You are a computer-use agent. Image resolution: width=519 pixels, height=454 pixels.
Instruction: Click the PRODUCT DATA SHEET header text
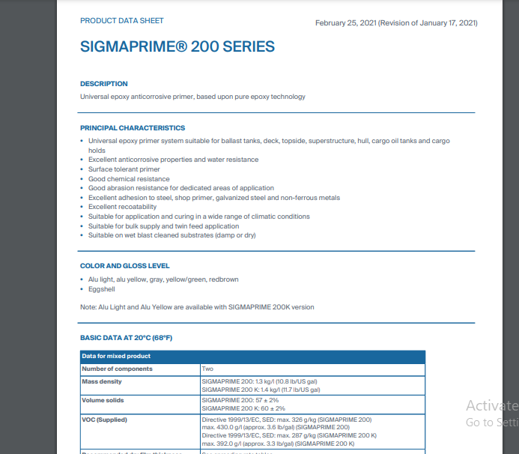tap(122, 21)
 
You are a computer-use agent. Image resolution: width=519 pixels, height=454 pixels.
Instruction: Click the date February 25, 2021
tap(345, 23)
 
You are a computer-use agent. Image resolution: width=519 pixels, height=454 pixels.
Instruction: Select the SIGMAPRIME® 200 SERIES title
tap(177, 47)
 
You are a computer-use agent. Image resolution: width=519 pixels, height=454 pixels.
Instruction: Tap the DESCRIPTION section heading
tap(104, 84)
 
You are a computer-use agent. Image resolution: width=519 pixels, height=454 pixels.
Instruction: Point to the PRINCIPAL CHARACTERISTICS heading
tap(133, 128)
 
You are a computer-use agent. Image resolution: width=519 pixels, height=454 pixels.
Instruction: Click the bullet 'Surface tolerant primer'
tap(124, 169)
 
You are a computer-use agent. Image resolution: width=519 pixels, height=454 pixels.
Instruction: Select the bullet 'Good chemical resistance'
tap(129, 179)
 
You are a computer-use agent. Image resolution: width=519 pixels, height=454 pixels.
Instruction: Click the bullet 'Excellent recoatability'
tap(122, 207)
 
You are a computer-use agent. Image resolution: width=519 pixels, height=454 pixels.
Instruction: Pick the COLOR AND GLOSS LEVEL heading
tap(125, 266)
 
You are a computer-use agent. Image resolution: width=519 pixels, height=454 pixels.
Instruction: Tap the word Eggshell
tap(103, 288)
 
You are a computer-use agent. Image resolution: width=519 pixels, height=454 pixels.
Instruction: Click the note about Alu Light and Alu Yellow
tap(197, 307)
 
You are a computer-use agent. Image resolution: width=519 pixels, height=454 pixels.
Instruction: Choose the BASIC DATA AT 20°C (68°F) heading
tap(127, 338)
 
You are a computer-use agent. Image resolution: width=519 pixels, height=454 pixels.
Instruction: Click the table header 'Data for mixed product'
tap(116, 356)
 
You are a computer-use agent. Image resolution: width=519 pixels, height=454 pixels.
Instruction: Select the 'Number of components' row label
tap(117, 369)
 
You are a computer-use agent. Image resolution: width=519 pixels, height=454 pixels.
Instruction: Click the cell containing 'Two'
tap(207, 369)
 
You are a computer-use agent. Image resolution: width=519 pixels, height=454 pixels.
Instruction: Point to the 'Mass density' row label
tap(102, 381)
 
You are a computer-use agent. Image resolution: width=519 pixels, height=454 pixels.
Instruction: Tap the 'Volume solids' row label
tap(103, 400)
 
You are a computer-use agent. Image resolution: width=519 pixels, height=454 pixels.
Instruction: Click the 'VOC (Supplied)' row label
tap(105, 420)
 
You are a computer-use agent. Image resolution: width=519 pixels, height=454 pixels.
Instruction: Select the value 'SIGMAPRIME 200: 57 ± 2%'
tap(240, 400)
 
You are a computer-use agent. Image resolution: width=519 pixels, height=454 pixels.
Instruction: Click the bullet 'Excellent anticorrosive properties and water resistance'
tap(173, 160)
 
